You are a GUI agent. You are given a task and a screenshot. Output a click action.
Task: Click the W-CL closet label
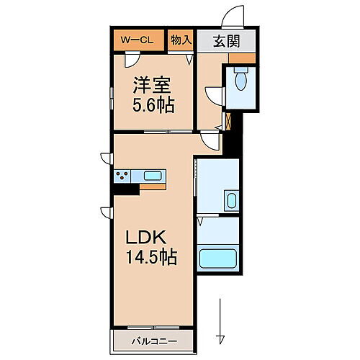click(x=138, y=40)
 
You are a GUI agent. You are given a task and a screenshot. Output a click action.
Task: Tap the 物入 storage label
click(x=180, y=40)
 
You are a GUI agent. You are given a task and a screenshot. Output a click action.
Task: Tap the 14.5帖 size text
click(x=153, y=257)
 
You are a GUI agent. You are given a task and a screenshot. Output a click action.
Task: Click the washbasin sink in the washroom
click(x=231, y=200)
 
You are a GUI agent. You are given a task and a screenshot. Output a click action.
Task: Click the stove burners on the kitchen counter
click(x=123, y=176)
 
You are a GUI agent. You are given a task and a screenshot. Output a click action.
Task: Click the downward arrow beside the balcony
click(x=221, y=317)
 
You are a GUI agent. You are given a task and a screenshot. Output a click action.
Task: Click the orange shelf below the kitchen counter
click(x=153, y=186)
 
